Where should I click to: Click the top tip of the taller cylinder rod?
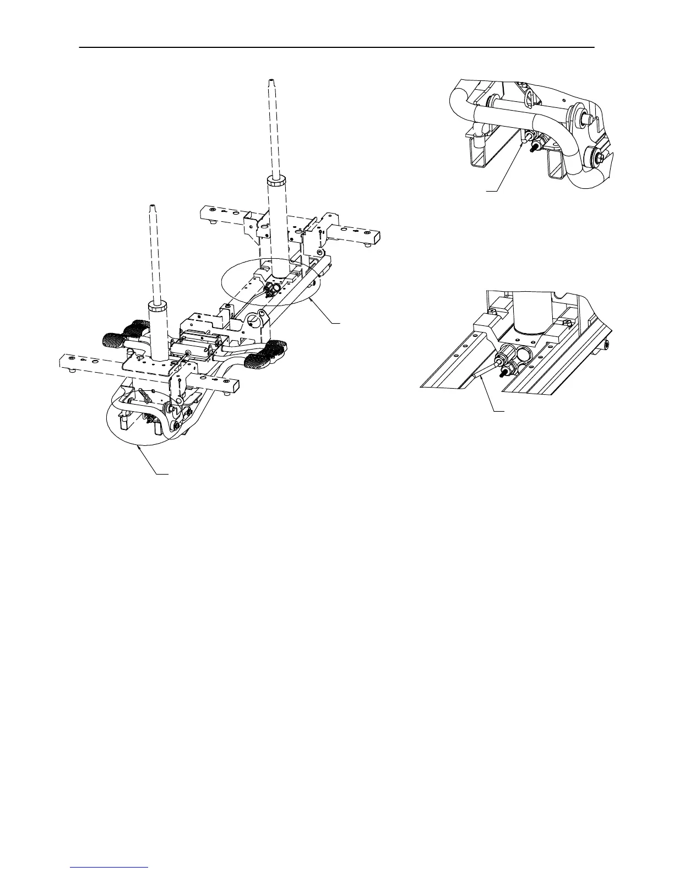[270, 80]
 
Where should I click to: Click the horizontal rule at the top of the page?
[337, 47]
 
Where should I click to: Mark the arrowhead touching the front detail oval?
[140, 446]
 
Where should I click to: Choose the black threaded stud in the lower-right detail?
[503, 372]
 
